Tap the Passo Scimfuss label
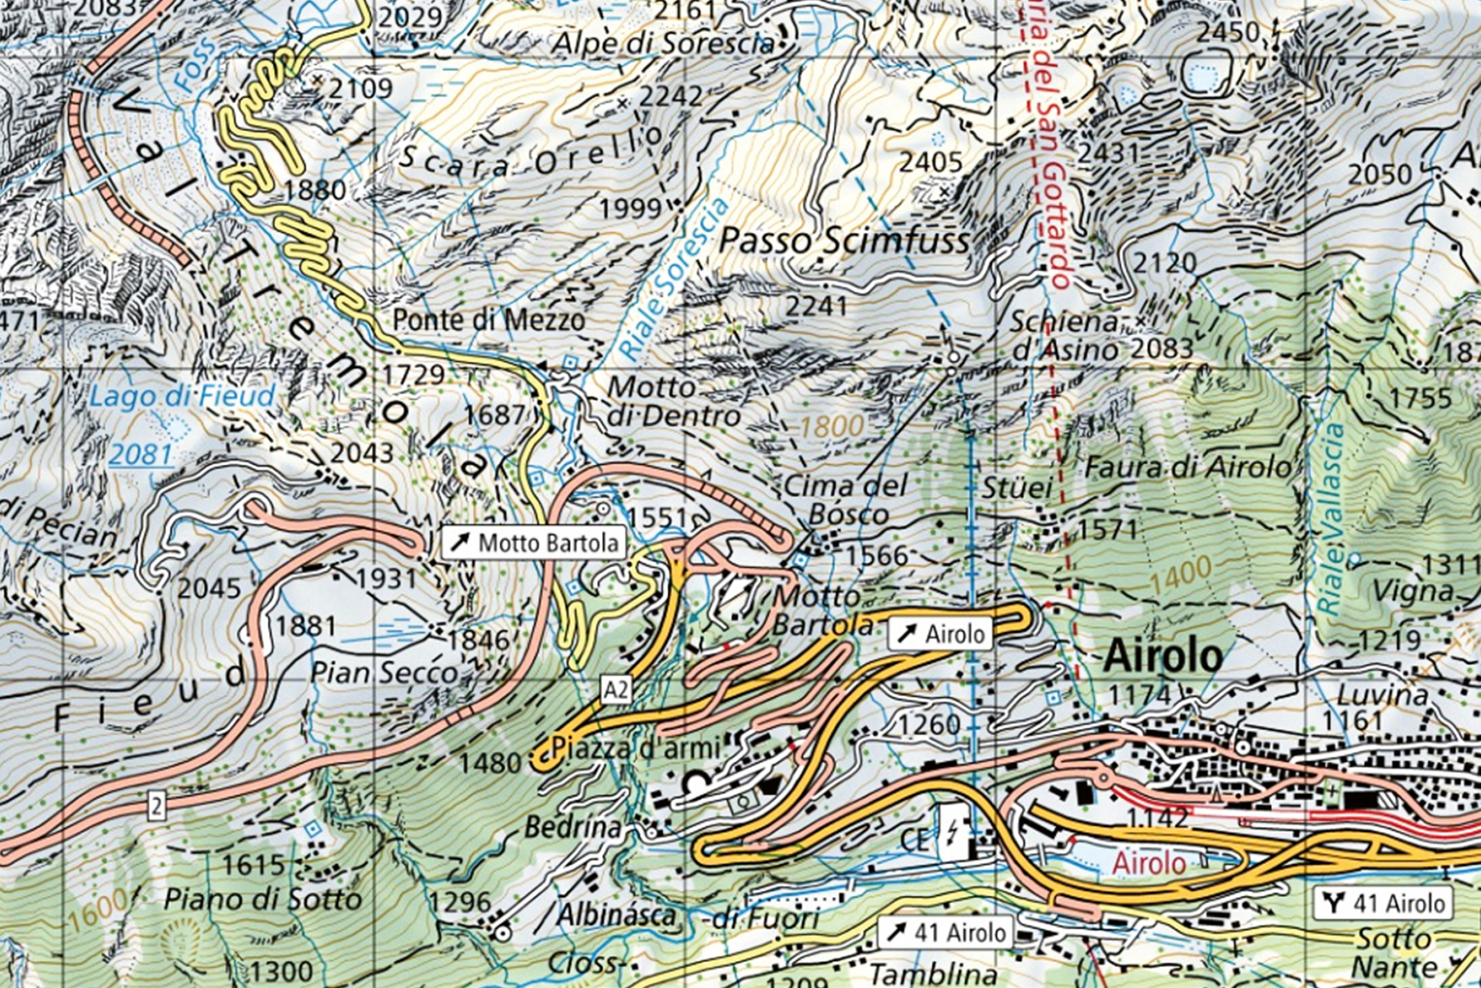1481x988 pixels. click(x=844, y=241)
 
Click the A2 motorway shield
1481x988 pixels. click(x=615, y=691)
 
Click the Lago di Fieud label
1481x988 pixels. click(x=183, y=396)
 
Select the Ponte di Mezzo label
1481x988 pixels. click(x=489, y=320)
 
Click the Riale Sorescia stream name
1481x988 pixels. click(x=674, y=278)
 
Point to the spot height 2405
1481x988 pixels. click(x=931, y=163)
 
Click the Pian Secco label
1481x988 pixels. click(x=384, y=673)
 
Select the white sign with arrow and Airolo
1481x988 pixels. click(x=940, y=633)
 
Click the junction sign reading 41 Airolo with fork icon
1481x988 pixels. click(x=1383, y=904)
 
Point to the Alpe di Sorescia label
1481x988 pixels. click(x=662, y=43)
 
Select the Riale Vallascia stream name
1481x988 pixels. click(x=1330, y=518)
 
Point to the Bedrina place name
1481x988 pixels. click(x=573, y=827)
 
